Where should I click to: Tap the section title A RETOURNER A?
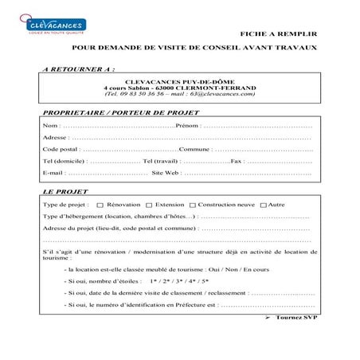point(76,68)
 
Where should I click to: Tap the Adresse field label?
point(54,137)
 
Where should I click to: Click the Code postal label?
point(60,149)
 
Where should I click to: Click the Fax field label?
point(236,161)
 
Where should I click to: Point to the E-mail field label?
point(53,172)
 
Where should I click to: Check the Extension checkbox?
point(148,205)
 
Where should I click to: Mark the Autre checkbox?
point(264,205)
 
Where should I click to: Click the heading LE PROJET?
point(66,192)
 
